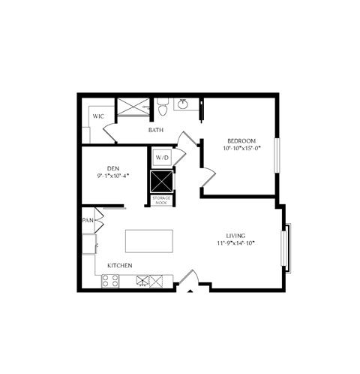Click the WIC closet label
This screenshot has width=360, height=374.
(x=98, y=116)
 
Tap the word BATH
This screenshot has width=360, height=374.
(x=156, y=131)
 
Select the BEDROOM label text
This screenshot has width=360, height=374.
(x=242, y=140)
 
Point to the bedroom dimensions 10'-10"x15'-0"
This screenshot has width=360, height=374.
(x=242, y=149)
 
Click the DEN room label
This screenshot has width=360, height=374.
(x=113, y=168)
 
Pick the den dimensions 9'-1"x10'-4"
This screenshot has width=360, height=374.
(x=113, y=176)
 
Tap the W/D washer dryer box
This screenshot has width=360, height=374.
(x=163, y=158)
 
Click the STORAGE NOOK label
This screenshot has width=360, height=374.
(x=162, y=200)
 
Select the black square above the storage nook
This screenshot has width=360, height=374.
(x=162, y=182)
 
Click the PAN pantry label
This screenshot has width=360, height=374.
(x=88, y=222)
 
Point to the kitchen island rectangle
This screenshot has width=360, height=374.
(x=148, y=242)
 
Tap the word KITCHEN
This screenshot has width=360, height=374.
(x=120, y=266)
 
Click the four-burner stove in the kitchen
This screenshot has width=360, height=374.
(x=111, y=281)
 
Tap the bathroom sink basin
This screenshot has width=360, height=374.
(x=182, y=104)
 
